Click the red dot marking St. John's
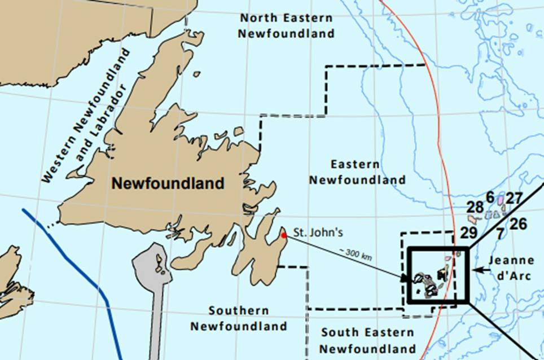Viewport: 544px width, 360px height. coord(284,235)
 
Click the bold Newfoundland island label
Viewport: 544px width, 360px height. coord(168,183)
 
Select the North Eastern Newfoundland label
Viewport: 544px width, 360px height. coord(286,25)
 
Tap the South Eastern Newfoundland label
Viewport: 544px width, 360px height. coord(368,340)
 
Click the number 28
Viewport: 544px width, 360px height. coord(475,207)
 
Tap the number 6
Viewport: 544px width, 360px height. coord(490,197)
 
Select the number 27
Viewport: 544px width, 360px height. coord(514,199)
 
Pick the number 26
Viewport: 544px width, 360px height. coord(517,224)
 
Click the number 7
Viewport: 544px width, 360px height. coord(499,232)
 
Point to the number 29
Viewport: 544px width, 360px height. coord(468,232)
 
